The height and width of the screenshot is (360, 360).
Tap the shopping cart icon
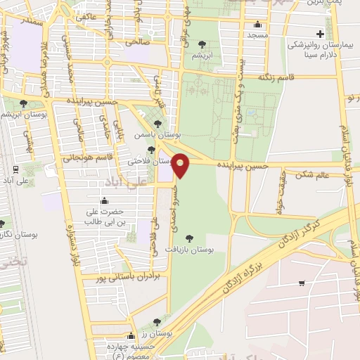[x=301, y=283]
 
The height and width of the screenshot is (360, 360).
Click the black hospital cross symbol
[x=321, y=33]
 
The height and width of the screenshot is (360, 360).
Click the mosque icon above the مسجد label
[x=257, y=23]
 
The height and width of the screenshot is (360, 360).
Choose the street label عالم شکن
[x=312, y=174]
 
